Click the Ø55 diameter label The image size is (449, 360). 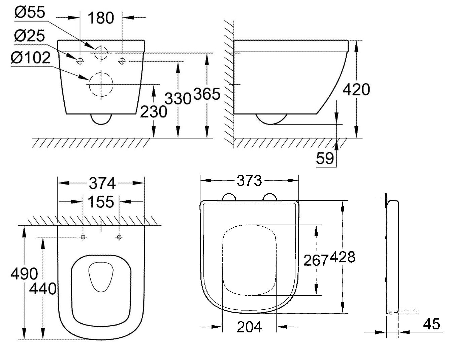tap(30, 12)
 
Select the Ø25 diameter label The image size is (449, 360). tap(30, 36)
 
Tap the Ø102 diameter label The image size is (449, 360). tap(31, 58)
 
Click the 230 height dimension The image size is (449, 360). tap(154, 111)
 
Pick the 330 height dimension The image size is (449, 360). tap(178, 99)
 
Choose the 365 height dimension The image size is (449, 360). tap(207, 94)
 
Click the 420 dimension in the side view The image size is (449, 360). tap(356, 90)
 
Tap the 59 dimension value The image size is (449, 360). tap(325, 158)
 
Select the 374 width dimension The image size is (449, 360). tap(102, 183)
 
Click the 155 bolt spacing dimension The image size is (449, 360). tap(101, 202)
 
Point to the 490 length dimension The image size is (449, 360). tap(24, 274)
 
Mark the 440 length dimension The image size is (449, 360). tap(43, 289)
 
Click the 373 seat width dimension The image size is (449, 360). tap(249, 181)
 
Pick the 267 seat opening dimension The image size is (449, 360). tap(316, 260)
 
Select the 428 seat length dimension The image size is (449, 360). tap(343, 257)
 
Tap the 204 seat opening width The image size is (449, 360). tap(249, 327)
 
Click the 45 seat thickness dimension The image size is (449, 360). tap(431, 324)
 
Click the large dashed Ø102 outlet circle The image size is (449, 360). tap(100, 85)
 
